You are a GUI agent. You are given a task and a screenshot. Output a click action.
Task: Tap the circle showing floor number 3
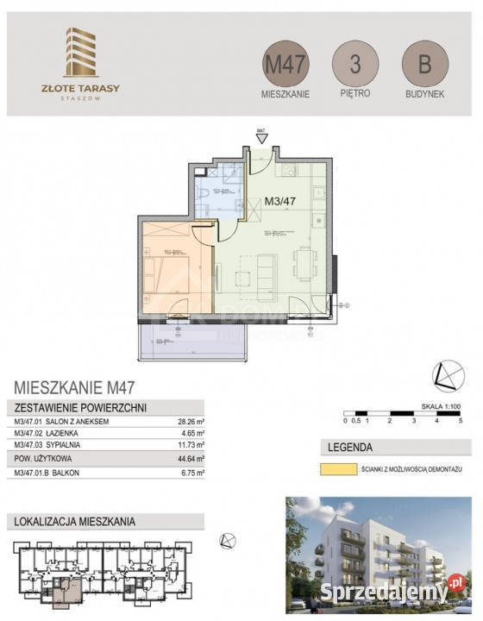pyautogui.click(x=355, y=64)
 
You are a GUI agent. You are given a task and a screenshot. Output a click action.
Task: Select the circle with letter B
pyautogui.click(x=424, y=64)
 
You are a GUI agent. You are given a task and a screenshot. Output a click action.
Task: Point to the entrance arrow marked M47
pyautogui.click(x=261, y=138)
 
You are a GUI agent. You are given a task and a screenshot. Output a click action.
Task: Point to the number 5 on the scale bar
pyautogui.click(x=461, y=421)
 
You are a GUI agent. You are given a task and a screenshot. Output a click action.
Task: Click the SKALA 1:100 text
pyautogui.click(x=441, y=402)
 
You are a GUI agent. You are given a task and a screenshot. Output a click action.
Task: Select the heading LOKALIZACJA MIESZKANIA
pyautogui.click(x=74, y=521)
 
